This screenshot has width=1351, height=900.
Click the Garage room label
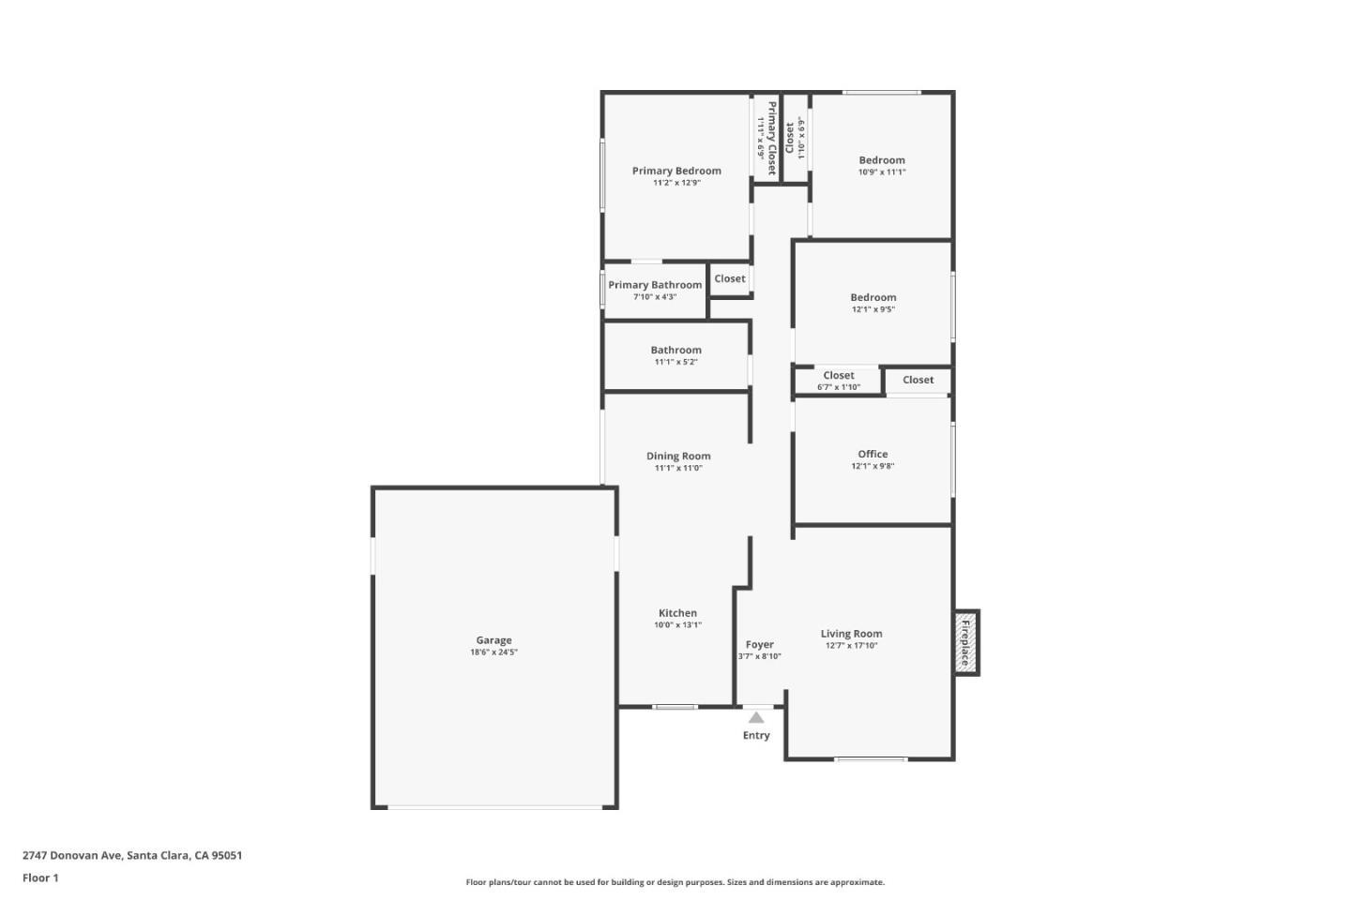(x=493, y=640)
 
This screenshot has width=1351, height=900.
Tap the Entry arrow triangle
(x=756, y=718)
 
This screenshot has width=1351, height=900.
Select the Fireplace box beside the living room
(x=965, y=642)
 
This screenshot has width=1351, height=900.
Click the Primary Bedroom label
(x=676, y=171)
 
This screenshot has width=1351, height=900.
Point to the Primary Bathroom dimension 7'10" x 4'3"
(x=655, y=297)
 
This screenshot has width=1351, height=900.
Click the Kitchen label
(x=677, y=613)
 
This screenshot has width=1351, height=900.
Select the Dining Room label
(x=678, y=457)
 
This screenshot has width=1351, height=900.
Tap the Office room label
(x=873, y=454)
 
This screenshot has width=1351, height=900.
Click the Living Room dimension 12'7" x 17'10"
(x=851, y=646)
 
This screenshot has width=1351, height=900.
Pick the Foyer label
(x=760, y=645)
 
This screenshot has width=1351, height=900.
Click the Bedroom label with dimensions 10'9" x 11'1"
(x=882, y=160)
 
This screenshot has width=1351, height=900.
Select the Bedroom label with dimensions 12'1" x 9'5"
(x=873, y=297)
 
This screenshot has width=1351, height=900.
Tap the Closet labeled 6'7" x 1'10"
(x=839, y=376)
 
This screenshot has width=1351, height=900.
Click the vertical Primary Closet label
(x=772, y=138)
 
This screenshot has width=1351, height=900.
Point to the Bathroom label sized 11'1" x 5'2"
(x=676, y=350)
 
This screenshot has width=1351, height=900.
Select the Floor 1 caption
(x=40, y=877)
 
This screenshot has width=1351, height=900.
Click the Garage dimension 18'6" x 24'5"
(x=493, y=652)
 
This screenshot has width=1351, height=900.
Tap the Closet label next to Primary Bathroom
(x=730, y=278)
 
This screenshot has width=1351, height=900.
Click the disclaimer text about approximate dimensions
(x=675, y=882)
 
